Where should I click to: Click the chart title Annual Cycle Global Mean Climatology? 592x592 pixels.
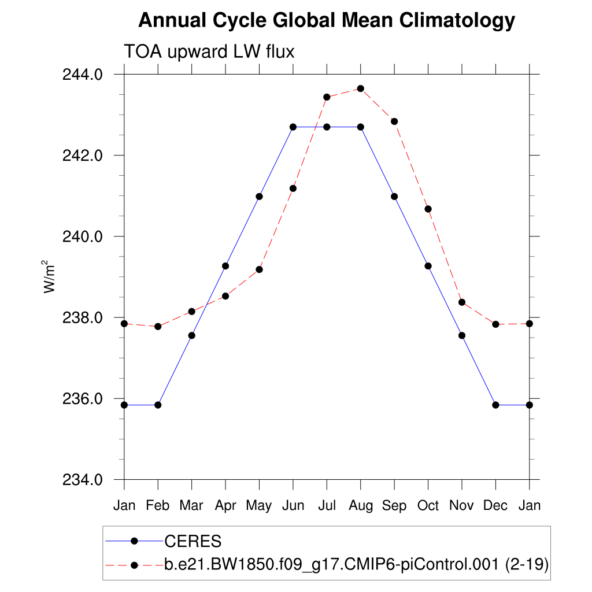(326, 21)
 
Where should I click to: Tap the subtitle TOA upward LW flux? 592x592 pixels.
(209, 52)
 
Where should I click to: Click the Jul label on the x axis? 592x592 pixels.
(327, 506)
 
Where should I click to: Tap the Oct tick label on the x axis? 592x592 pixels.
(428, 506)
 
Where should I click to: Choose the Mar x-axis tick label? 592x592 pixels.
(191, 506)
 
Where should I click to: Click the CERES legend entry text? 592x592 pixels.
(193, 542)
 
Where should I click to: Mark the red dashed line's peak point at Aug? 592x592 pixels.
(361, 88)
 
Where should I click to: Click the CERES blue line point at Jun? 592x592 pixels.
(293, 127)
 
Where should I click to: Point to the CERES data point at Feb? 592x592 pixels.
(158, 405)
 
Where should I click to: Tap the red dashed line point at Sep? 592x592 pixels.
(394, 121)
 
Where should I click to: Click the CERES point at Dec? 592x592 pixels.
(495, 405)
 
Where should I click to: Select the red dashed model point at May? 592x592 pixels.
(260, 269)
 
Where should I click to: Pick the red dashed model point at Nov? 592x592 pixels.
(462, 302)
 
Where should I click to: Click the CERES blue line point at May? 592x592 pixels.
(260, 197)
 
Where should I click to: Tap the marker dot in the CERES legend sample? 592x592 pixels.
(134, 541)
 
